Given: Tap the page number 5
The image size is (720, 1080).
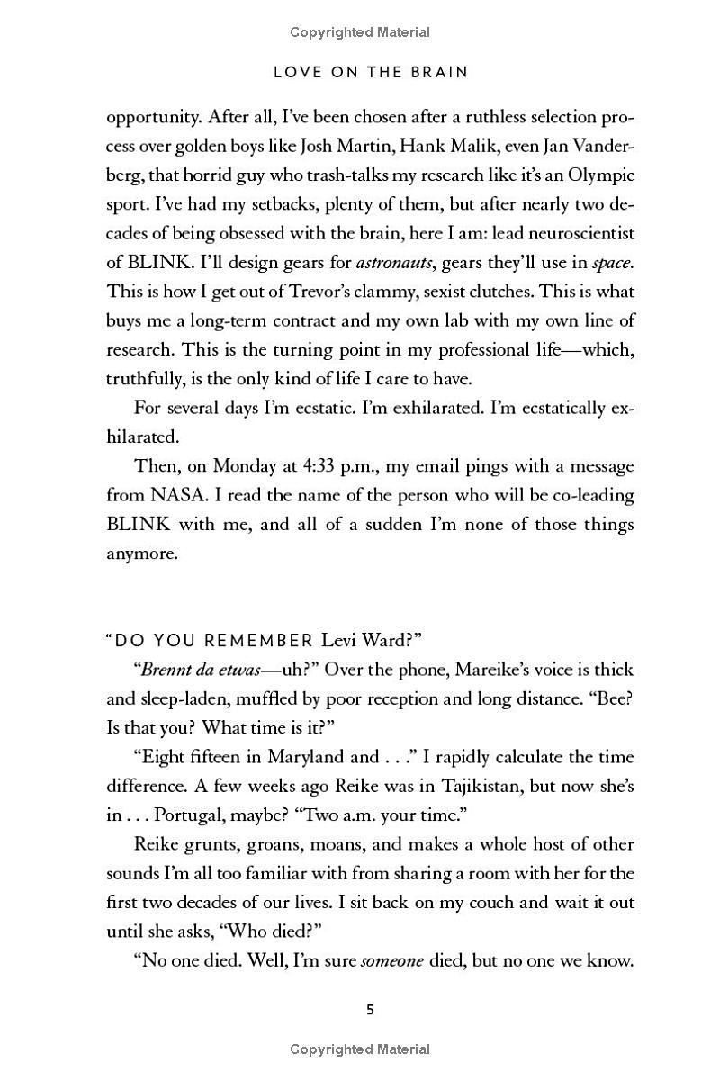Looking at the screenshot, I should click(370, 1009).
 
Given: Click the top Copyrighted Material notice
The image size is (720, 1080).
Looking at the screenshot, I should click(360, 32).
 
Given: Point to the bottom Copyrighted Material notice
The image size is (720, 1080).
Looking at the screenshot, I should click(360, 1048).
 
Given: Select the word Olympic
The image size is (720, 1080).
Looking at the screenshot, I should click(602, 175).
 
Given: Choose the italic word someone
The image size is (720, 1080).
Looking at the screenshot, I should click(391, 960).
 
